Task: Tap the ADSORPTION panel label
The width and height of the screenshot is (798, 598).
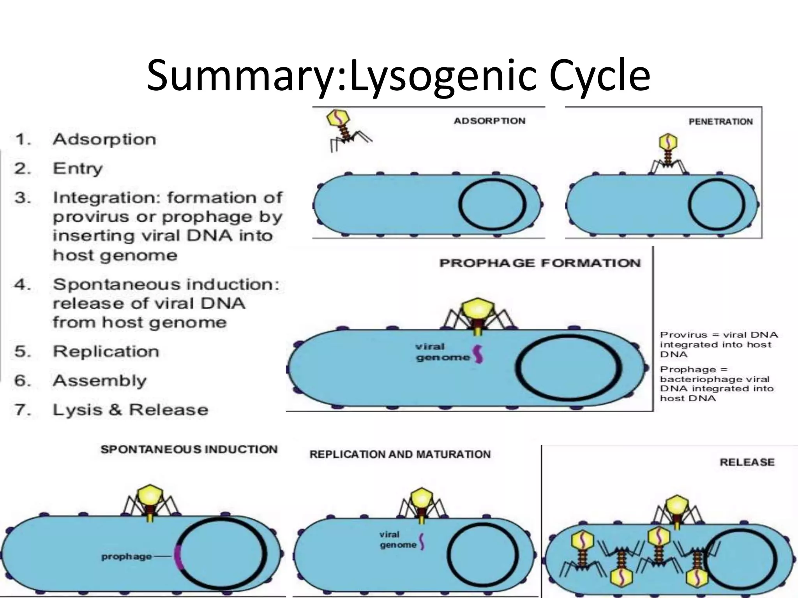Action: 489,121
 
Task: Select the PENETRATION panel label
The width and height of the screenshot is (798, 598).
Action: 720,121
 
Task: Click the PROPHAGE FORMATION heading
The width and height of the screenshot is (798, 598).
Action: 540,263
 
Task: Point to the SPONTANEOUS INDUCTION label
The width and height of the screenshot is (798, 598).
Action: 189,449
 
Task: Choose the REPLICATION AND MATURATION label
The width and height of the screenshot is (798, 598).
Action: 400,454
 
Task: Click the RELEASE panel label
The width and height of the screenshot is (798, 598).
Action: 747,462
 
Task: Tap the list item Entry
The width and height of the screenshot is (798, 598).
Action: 78,169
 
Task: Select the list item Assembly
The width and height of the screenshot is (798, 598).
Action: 100,380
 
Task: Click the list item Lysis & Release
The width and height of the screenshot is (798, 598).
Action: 131,410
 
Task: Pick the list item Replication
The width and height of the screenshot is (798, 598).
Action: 106,351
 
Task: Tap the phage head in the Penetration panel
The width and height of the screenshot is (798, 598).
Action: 668,142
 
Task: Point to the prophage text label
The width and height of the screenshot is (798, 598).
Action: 127,556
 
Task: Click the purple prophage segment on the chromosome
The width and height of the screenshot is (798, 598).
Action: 178,557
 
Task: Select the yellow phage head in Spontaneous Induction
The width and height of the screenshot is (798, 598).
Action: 150,496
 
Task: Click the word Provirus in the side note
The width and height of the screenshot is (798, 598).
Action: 678,335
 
